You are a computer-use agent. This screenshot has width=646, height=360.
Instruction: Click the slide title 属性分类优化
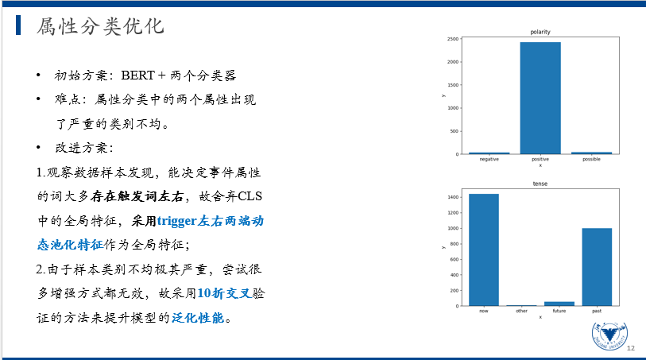click(x=100, y=26)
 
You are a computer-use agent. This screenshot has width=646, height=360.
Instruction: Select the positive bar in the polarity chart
click(x=540, y=98)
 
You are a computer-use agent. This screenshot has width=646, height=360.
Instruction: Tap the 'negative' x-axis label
click(x=489, y=159)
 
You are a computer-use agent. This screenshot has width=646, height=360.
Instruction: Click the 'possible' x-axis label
click(x=591, y=159)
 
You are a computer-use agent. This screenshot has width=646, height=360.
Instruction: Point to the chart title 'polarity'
click(x=540, y=32)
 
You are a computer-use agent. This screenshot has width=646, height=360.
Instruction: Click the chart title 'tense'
click(x=540, y=184)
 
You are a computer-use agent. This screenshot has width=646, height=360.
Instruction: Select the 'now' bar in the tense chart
click(x=484, y=250)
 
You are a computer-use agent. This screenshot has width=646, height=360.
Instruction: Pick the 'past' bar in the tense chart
click(x=597, y=267)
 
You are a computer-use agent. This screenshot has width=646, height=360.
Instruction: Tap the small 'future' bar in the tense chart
click(x=559, y=304)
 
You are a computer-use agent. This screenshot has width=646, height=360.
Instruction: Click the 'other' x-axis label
click(x=521, y=311)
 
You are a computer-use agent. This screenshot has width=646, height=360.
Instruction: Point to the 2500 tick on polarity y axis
click(x=453, y=39)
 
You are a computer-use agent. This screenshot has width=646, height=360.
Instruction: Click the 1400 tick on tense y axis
click(x=453, y=197)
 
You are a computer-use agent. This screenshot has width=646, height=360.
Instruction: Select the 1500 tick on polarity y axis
click(x=453, y=85)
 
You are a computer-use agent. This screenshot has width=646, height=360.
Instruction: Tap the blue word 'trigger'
click(x=176, y=222)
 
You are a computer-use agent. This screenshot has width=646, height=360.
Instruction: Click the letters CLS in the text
click(x=250, y=196)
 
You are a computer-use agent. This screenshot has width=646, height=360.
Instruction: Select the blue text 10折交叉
click(x=224, y=293)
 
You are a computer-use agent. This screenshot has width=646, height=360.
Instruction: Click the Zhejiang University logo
click(x=609, y=335)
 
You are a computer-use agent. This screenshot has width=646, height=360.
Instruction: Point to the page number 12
click(x=631, y=348)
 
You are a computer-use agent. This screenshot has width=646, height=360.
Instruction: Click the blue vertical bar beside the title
click(x=18, y=25)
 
